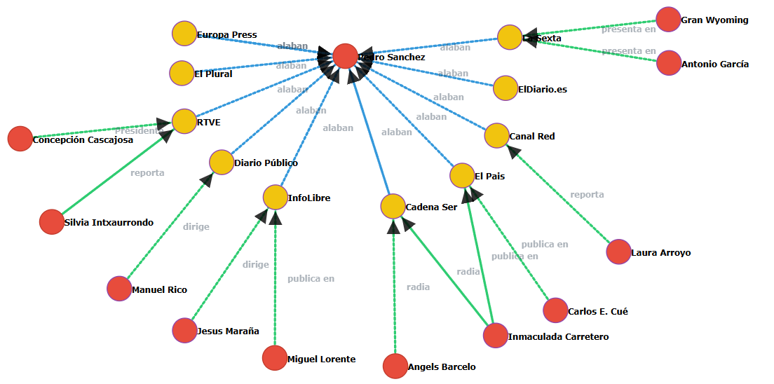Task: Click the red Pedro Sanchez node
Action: coord(345,56)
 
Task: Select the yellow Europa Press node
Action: coord(184,34)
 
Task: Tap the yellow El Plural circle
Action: coord(182,73)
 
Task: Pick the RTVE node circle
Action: coord(184,121)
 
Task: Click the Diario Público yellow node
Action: coord(221,162)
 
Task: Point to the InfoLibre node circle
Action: coord(275,197)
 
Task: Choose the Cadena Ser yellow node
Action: coord(393,207)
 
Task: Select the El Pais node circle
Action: coord(462,175)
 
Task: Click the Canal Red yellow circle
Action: coord(496,135)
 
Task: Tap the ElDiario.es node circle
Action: coord(505,88)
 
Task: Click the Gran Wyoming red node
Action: coord(668,20)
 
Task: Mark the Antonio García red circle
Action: coord(669,63)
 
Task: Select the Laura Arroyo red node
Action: coord(618,252)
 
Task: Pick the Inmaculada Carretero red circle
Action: coord(495,336)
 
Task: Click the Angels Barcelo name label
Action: coord(442,367)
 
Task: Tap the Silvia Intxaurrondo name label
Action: coord(108,223)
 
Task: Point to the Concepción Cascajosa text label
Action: coord(83,140)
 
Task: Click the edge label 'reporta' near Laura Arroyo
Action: coord(587,195)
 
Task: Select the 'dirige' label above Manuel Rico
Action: coord(196,227)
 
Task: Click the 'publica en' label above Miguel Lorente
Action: coord(311,279)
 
